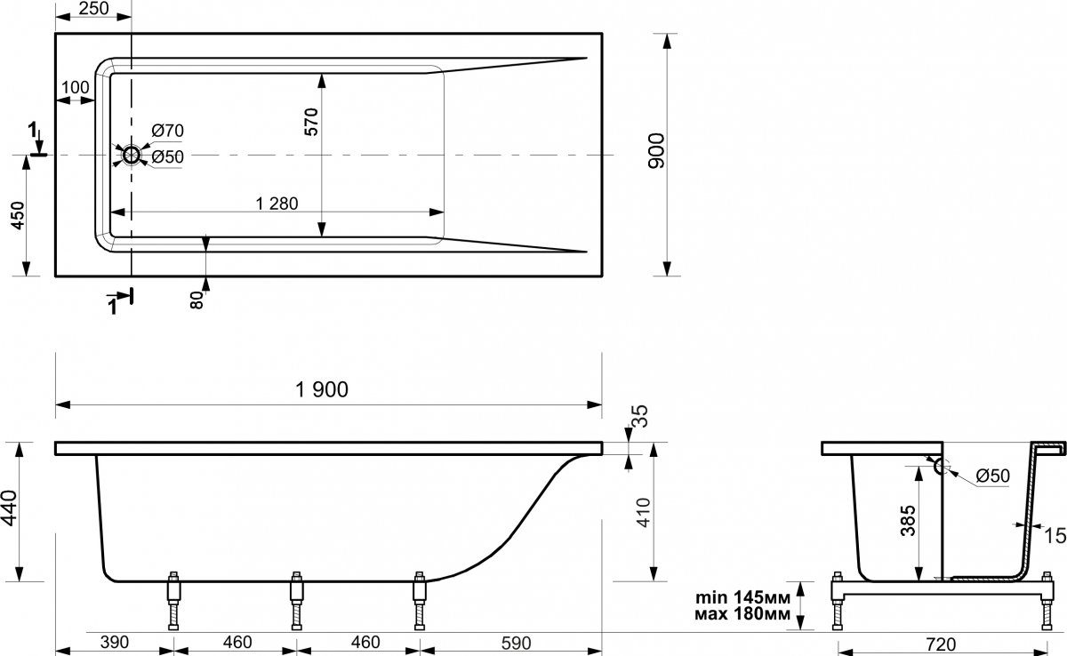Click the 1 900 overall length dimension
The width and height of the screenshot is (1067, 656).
322,389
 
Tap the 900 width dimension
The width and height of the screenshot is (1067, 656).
656,150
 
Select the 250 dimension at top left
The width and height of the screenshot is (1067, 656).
94,8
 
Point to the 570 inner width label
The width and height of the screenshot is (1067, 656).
311,123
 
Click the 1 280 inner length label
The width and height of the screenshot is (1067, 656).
277,204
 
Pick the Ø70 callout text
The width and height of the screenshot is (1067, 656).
168,131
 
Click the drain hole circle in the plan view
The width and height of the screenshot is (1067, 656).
131,155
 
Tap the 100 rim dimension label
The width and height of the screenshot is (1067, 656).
76,88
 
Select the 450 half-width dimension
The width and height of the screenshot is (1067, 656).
18,215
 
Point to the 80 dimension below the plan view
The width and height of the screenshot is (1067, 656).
197,300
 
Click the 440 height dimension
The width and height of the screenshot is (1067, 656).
9,508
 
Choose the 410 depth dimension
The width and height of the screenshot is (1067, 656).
643,512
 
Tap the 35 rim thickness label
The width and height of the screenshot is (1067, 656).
642,416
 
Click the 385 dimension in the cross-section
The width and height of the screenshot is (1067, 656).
909,521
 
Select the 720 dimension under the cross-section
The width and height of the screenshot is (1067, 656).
941,644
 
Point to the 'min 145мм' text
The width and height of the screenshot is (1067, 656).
742,597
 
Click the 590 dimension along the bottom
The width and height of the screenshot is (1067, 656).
516,644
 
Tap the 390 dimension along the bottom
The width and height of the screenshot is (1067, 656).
115,642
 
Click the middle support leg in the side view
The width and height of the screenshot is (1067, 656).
297,600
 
